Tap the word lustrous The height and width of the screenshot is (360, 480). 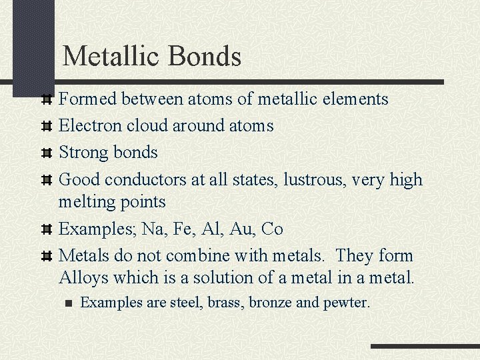pyautogui.click(x=316, y=180)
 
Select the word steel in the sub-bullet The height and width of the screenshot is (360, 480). pyautogui.click(x=187, y=303)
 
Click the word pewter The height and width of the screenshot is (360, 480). pyautogui.click(x=347, y=303)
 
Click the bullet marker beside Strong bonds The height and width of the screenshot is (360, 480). pyautogui.click(x=47, y=153)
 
